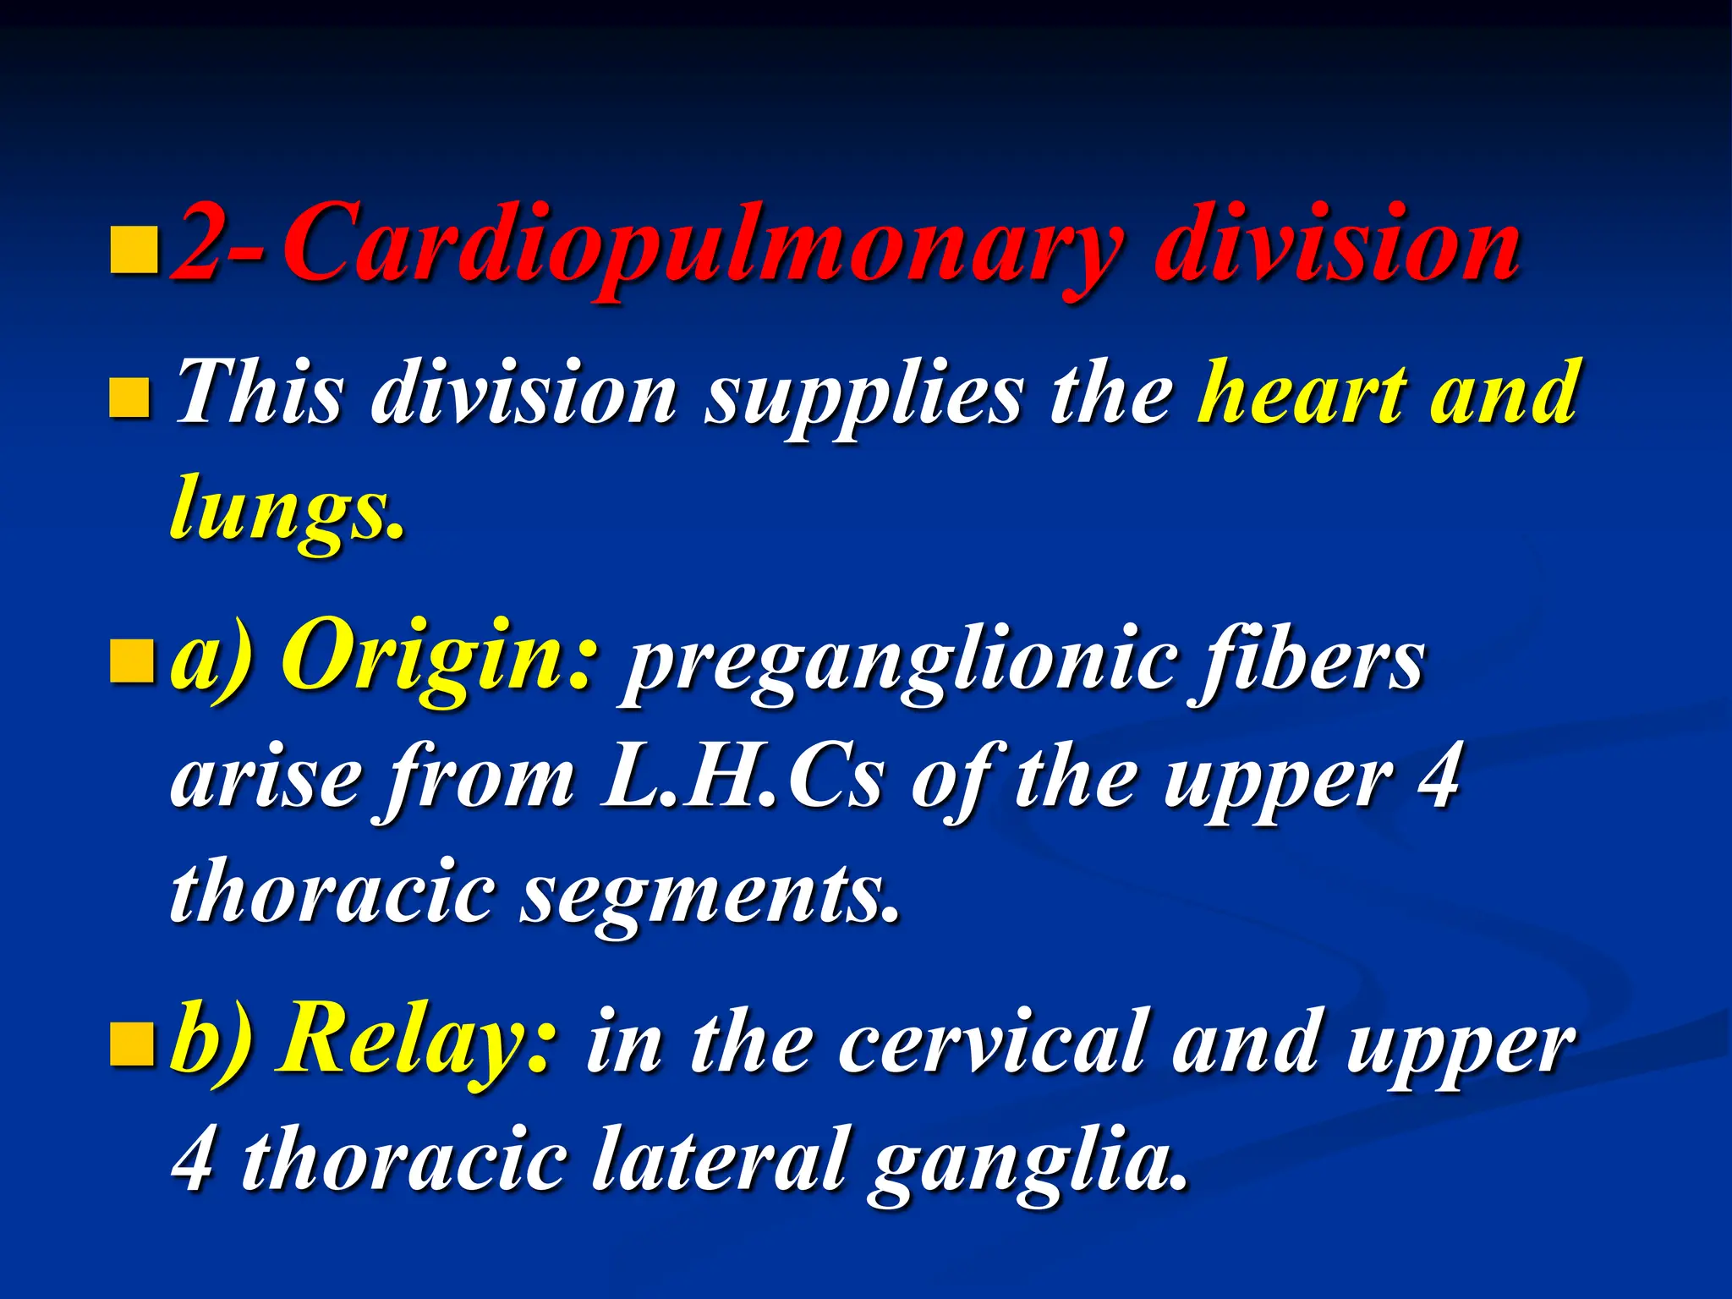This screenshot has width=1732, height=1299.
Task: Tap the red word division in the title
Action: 1336,245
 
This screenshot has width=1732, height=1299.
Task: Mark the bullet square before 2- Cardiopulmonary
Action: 134,250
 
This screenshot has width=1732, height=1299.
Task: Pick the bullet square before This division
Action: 130,398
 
